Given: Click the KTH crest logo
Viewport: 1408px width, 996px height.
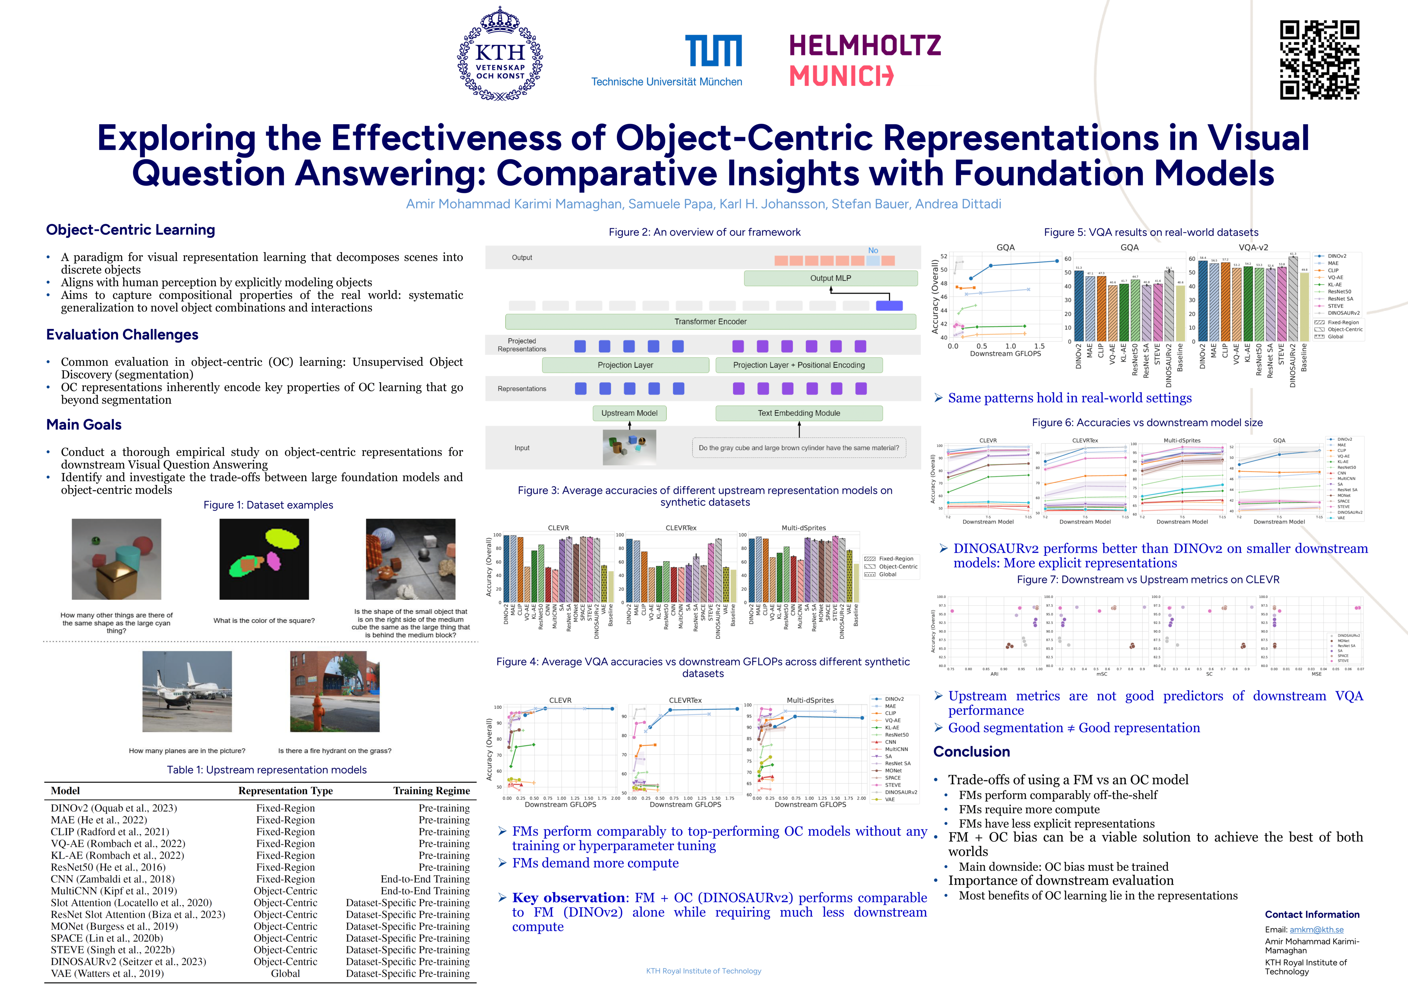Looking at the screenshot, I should pyautogui.click(x=500, y=54).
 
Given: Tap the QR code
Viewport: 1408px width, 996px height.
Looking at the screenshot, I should pyautogui.click(x=1319, y=59).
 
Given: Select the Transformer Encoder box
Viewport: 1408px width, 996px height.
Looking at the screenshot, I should pyautogui.click(x=710, y=322).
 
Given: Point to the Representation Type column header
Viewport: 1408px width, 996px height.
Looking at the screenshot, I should pyautogui.click(x=285, y=791).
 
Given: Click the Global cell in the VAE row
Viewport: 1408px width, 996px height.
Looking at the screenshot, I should pyautogui.click(x=285, y=973).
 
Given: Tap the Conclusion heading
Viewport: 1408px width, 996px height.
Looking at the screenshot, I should pyautogui.click(x=972, y=752).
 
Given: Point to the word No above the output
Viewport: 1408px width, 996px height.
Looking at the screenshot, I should pyautogui.click(x=873, y=250).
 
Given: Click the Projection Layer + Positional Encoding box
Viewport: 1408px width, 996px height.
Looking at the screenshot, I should pyautogui.click(x=799, y=365).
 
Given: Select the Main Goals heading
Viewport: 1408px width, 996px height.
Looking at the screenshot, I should pyautogui.click(x=84, y=424).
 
